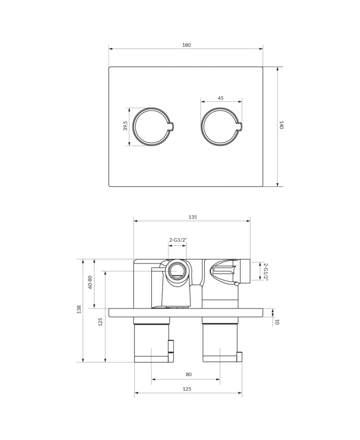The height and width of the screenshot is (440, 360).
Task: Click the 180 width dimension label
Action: coord(186,45)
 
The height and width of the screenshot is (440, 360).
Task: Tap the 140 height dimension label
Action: coord(281,125)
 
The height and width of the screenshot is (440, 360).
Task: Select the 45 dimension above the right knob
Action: coord(221,98)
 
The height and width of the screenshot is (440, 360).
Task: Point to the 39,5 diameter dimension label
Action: coord(126,127)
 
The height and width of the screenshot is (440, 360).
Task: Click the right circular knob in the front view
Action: coord(220,127)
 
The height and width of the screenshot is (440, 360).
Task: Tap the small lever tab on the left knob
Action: coord(172,127)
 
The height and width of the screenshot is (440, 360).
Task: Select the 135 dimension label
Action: coord(193,217)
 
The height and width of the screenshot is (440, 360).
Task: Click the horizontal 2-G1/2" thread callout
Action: coord(178,240)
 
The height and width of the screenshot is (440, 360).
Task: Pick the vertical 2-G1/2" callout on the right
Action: coord(265,271)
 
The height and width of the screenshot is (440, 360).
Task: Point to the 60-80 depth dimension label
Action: coord(90,283)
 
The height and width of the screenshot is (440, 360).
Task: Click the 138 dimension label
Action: coord(79,310)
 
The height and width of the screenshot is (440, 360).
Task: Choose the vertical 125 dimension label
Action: coord(101,322)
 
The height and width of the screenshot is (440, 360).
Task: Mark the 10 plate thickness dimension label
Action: coord(276,322)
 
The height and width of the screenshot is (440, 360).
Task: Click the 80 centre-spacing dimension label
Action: coord(188,375)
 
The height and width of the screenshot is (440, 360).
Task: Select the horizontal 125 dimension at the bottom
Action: coord(187,389)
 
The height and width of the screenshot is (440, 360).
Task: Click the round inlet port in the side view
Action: coord(177,270)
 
